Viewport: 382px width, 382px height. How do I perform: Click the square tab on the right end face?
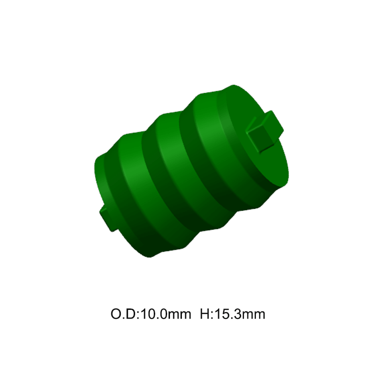(x=265, y=132)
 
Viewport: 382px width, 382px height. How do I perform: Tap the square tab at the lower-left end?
(x=107, y=218)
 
